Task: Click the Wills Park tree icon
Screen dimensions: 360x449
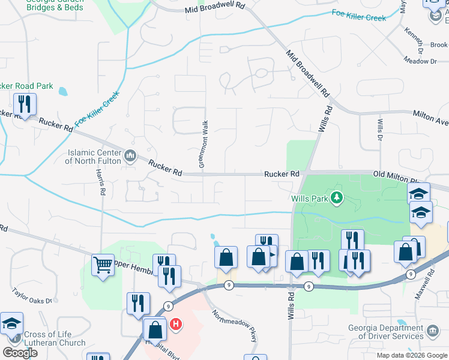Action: (x=337, y=197)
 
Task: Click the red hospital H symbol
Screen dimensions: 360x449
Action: (x=176, y=325)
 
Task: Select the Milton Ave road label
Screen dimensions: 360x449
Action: (x=430, y=118)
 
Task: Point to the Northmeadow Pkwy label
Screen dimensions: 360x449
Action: (x=235, y=326)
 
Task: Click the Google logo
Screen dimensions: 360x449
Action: (x=20, y=353)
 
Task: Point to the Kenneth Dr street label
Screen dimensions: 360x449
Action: (x=414, y=38)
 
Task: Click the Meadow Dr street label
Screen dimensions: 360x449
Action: (x=421, y=61)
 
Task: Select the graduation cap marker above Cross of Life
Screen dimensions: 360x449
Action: (x=12, y=323)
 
